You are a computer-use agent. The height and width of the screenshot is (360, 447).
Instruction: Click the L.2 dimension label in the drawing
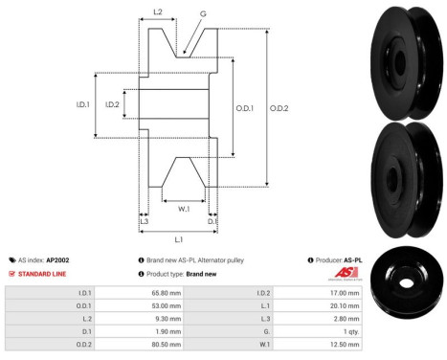pyautogui.click(x=158, y=12)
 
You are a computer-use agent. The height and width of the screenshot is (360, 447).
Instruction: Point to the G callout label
pyautogui.click(x=202, y=14)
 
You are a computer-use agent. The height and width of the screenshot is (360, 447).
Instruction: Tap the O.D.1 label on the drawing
pyautogui.click(x=245, y=107)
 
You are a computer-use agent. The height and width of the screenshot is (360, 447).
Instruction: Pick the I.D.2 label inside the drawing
pyautogui.click(x=112, y=104)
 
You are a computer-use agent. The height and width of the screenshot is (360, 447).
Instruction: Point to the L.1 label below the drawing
pyautogui.click(x=178, y=238)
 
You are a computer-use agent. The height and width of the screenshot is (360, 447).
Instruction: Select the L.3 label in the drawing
pyautogui.click(x=144, y=221)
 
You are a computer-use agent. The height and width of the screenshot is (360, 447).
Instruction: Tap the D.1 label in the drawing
pyautogui.click(x=212, y=221)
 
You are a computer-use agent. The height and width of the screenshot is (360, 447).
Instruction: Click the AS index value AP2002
pyautogui.click(x=57, y=259)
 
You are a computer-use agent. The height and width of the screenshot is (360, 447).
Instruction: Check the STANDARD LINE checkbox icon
pyautogui.click(x=11, y=273)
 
